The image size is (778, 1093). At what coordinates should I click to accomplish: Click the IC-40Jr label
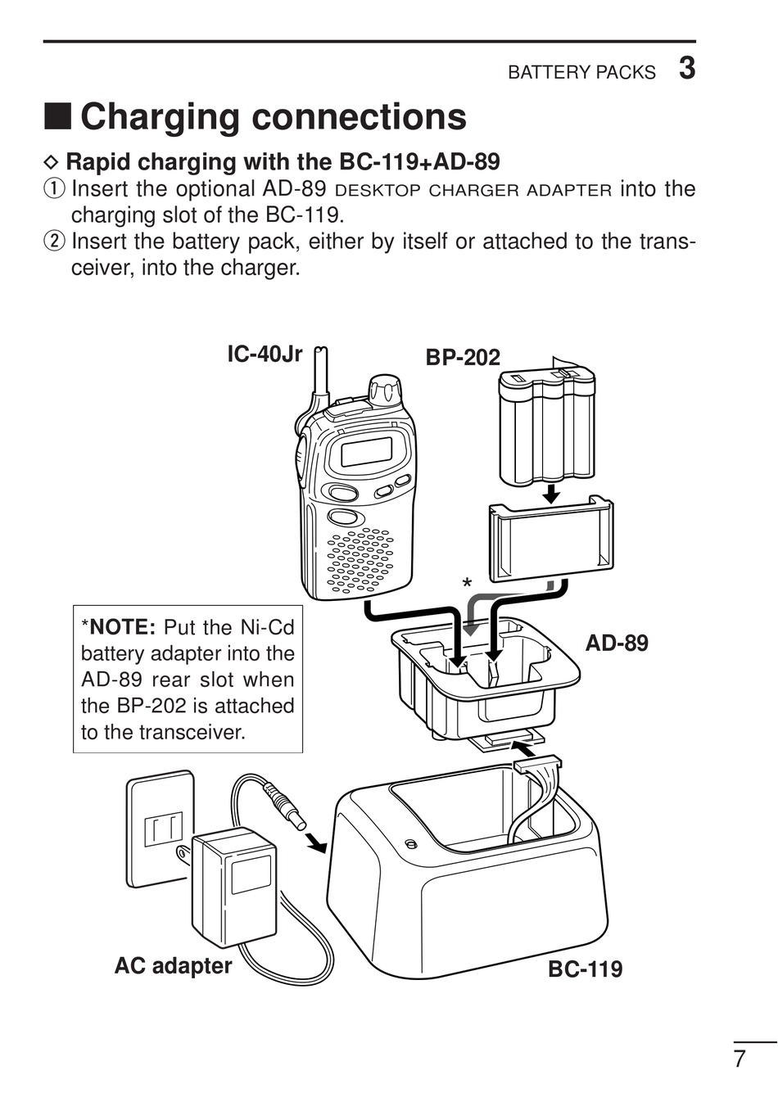[265, 355]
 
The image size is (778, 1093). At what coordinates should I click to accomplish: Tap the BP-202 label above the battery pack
[462, 357]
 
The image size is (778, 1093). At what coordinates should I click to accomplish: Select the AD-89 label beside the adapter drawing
[616, 643]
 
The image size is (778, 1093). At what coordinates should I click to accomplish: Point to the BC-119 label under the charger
[585, 969]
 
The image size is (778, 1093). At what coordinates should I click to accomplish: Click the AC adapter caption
[173, 965]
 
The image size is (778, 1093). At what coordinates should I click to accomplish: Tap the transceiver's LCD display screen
[365, 451]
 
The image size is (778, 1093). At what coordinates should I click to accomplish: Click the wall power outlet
[161, 827]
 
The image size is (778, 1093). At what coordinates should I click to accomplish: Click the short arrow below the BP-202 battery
[551, 494]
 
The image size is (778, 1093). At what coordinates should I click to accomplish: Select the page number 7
[740, 1059]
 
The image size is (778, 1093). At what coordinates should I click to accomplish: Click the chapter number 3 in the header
[686, 69]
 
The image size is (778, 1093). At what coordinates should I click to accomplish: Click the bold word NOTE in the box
[122, 628]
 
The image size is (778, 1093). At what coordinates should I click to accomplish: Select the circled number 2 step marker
[53, 242]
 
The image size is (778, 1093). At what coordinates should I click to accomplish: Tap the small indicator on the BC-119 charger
[410, 843]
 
